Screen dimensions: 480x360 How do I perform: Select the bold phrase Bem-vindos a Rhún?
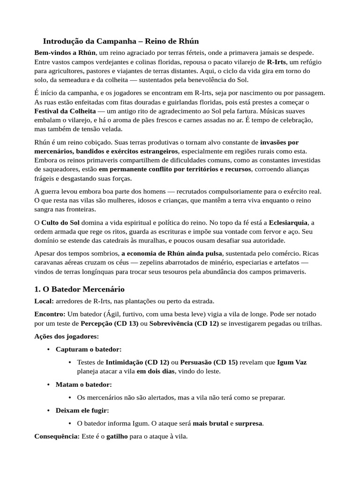[65, 52]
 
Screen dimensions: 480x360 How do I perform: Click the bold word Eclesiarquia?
[289, 222]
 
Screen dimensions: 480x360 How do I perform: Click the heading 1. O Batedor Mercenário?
[79, 289]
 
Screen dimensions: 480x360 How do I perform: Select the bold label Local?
[44, 301]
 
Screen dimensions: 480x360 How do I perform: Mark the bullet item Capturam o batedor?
[89, 350]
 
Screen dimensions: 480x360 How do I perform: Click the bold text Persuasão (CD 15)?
[210, 362]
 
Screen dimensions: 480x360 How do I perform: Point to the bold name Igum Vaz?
[292, 362]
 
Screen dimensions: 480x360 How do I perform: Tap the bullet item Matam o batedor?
[84, 385]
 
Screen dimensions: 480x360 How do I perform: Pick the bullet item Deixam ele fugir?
[82, 411]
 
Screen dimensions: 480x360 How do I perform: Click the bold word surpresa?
[248, 424]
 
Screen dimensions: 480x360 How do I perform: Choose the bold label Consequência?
[56, 436]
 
